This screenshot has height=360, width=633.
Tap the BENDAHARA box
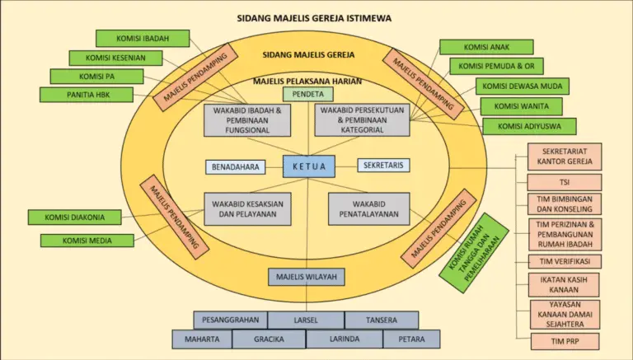point(236,166)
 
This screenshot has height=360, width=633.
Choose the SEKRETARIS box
point(383,166)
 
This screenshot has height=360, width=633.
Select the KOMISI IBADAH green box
point(143,39)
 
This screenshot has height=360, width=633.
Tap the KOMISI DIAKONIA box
point(74,218)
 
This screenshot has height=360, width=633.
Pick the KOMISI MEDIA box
point(87,241)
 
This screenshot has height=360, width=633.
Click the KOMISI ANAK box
point(486,47)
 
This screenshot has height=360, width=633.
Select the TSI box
point(565,182)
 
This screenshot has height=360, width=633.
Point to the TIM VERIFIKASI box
point(565,262)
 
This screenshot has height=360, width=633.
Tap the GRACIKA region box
point(269,339)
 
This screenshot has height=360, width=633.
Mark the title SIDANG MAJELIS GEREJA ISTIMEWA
point(313,17)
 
